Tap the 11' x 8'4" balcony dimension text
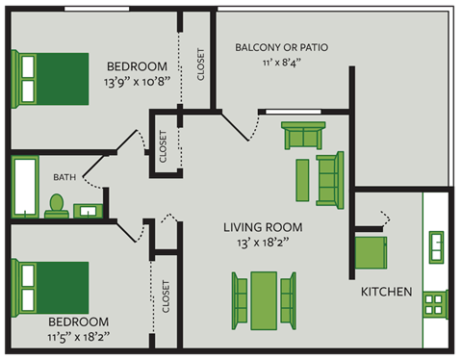280,63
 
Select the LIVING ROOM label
263,228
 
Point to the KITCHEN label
387,292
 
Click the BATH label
64,177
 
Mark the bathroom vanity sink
90,209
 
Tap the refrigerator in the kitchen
371,254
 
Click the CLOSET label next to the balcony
200,64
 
